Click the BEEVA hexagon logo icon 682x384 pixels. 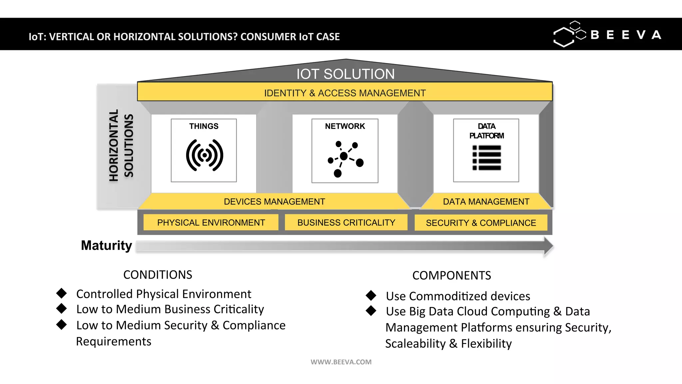coord(569,34)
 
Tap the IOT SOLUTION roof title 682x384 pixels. coord(345,74)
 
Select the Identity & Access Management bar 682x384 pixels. coord(345,93)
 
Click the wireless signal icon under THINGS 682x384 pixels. coord(204,155)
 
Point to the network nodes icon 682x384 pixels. coord(345,158)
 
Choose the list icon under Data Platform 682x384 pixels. coord(487,158)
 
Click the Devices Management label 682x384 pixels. coord(274,202)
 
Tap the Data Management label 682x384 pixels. coord(486,202)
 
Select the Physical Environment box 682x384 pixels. coord(211,222)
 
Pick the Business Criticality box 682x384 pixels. coord(346,222)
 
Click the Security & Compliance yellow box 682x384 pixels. coord(481,223)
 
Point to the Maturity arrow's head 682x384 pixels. coord(548,246)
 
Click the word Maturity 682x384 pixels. coord(106,245)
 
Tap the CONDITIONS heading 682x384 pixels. coord(158,275)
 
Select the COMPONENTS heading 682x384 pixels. coord(451,275)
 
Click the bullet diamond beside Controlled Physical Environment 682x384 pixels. coord(62,293)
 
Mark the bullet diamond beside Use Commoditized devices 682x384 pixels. coord(371,295)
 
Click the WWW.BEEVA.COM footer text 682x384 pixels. coord(341,362)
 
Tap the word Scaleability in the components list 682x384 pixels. coord(415,344)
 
